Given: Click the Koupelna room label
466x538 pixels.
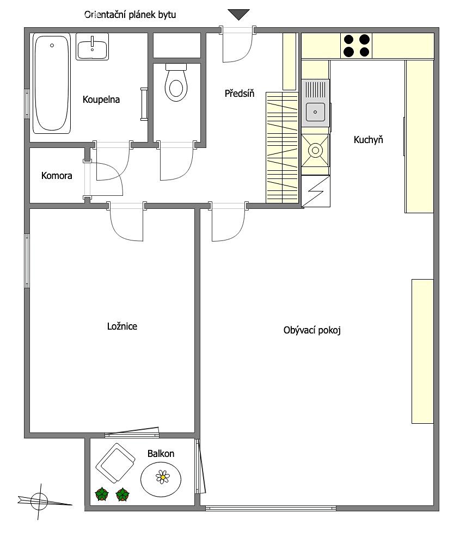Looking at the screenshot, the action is [x=101, y=100].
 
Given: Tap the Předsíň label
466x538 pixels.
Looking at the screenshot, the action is [x=240, y=93].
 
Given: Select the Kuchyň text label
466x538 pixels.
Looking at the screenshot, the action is [x=368, y=140].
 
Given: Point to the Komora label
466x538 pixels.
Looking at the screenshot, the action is [x=57, y=176].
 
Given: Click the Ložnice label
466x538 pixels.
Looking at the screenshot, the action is [x=122, y=326].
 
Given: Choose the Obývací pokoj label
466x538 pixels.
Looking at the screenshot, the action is [x=312, y=330].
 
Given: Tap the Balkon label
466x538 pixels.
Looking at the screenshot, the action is [x=161, y=454].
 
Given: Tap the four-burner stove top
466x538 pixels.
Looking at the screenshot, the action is [x=357, y=45].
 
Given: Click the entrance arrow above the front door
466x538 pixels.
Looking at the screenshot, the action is [x=238, y=15].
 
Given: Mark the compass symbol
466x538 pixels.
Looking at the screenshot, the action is [x=40, y=502].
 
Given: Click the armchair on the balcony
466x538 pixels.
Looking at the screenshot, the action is [x=115, y=463].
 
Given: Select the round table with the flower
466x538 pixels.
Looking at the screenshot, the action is [x=161, y=479].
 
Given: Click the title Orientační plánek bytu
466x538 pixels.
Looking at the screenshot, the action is [x=130, y=15].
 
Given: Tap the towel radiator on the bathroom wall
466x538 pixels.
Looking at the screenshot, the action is [x=144, y=104].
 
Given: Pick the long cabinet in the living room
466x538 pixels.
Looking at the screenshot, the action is [x=423, y=351].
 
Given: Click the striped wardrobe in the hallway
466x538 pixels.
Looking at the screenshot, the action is [x=282, y=147].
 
